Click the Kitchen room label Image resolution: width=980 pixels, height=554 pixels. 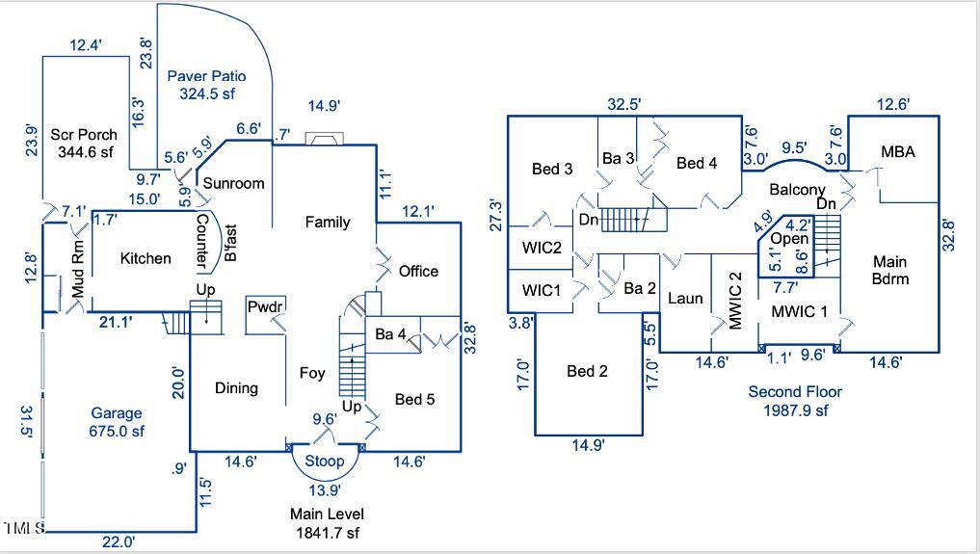pos(146,258)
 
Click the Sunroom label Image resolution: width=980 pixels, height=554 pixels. pos(233,183)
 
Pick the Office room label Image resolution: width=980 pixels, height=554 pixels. pos(418,271)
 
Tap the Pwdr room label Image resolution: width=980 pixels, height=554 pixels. pos(264,307)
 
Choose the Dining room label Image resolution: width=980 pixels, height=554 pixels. pos(236,387)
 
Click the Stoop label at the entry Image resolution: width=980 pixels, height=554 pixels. pos(325,462)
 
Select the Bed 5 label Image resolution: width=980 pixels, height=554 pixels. pos(415,397)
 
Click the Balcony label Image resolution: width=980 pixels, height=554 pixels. pos(797,190)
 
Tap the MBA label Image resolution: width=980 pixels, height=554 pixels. pos(897,152)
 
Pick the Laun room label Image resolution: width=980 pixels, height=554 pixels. pos(685,298)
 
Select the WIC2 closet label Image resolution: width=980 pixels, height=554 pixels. pos(543,248)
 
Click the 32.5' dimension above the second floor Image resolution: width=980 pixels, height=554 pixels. pos(625,103)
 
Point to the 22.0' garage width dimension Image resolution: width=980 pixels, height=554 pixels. pos(119,542)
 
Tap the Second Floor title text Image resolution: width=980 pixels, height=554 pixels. pos(795,391)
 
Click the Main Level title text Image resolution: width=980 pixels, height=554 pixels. pos(327,514)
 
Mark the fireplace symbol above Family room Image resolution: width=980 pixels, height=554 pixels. pos(322,139)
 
